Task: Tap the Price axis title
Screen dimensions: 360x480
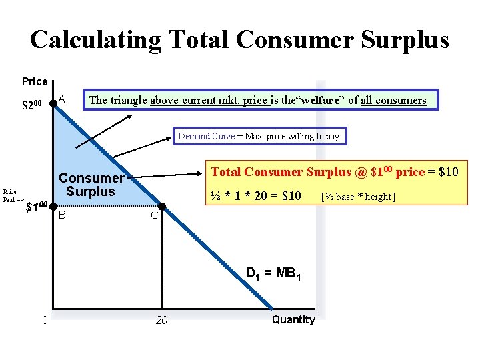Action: [35, 82]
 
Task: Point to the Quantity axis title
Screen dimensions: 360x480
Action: [293, 320]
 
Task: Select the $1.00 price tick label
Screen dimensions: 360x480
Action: [36, 207]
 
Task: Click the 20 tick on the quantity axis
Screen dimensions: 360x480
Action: [161, 321]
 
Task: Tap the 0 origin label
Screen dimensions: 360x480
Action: [44, 321]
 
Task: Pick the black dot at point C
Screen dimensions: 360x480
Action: [160, 206]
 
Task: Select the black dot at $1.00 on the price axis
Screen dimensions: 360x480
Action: [53, 206]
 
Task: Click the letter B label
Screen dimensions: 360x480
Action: [62, 215]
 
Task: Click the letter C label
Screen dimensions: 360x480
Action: [153, 215]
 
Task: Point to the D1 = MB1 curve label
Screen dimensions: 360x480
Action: [273, 273]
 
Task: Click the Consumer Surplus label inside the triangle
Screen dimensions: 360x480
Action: [91, 185]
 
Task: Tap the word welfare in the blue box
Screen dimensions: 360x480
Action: [322, 100]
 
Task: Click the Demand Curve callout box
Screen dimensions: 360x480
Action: [258, 136]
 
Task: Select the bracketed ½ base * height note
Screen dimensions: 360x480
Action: [358, 197]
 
